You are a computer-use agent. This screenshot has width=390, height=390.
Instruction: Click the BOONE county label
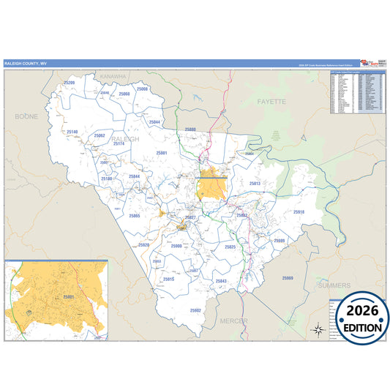26,116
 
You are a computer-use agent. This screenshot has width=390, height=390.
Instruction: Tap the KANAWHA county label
114,76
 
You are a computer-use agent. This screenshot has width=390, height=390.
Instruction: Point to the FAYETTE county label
271,102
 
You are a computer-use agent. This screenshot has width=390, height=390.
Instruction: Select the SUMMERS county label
334,285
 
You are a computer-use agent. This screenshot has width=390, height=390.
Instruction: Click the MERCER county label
232,321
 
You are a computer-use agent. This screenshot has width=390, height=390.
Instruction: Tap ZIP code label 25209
70,83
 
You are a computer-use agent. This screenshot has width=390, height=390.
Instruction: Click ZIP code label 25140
72,132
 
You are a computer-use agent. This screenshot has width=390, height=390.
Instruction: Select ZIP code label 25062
100,135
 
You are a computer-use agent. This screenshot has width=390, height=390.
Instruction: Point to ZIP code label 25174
119,143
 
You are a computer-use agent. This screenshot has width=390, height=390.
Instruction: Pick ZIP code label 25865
134,216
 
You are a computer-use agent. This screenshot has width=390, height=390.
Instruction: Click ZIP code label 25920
143,245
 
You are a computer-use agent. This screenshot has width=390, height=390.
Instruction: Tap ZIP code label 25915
169,280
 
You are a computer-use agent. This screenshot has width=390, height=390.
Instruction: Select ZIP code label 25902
195,310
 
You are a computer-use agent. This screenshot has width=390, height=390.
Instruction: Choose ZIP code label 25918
299,212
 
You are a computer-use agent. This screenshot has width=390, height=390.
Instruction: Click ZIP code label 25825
230,247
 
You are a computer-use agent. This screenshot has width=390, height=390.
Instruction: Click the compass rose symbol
318,329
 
